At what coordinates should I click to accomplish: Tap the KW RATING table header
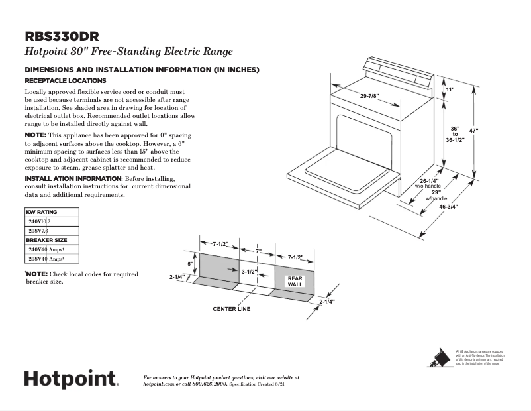point(41,212)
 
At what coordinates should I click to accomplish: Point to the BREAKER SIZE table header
point(45,240)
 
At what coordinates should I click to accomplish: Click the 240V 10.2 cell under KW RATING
point(40,221)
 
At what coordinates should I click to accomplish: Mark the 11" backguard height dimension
point(450,89)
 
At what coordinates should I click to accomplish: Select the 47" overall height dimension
point(473,131)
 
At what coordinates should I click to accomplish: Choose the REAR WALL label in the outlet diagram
point(295,281)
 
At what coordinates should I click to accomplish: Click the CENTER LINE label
point(231,309)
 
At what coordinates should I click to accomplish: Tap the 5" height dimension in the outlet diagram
point(189,263)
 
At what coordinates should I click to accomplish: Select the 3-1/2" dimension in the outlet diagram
point(249,272)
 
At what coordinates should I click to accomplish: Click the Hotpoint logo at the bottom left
point(71,380)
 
